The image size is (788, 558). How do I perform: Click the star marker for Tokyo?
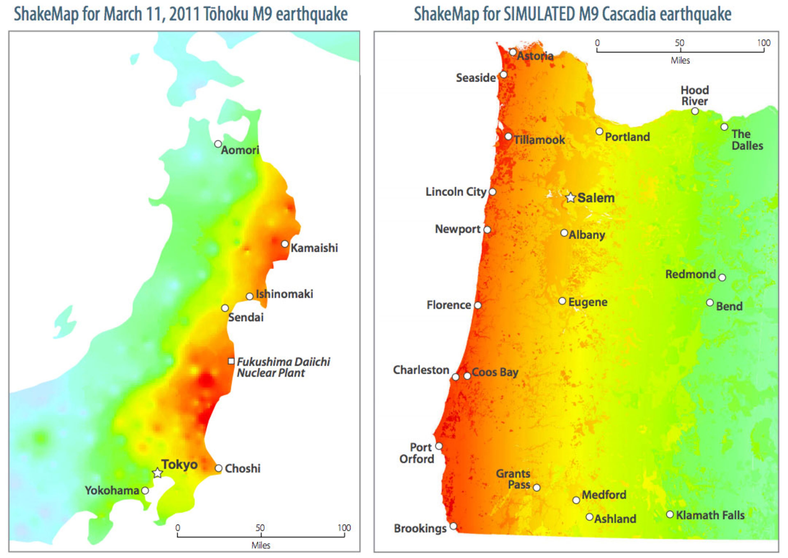click(x=157, y=473)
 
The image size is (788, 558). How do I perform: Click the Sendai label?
click(x=246, y=317)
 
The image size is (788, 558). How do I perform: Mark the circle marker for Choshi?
click(x=218, y=468)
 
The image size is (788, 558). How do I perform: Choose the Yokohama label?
click(x=112, y=490)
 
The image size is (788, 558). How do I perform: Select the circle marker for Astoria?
click(x=513, y=52)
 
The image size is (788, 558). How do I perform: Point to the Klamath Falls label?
click(x=710, y=515)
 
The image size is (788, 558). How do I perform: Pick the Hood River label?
click(x=695, y=95)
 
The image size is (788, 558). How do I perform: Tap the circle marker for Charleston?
click(x=455, y=377)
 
